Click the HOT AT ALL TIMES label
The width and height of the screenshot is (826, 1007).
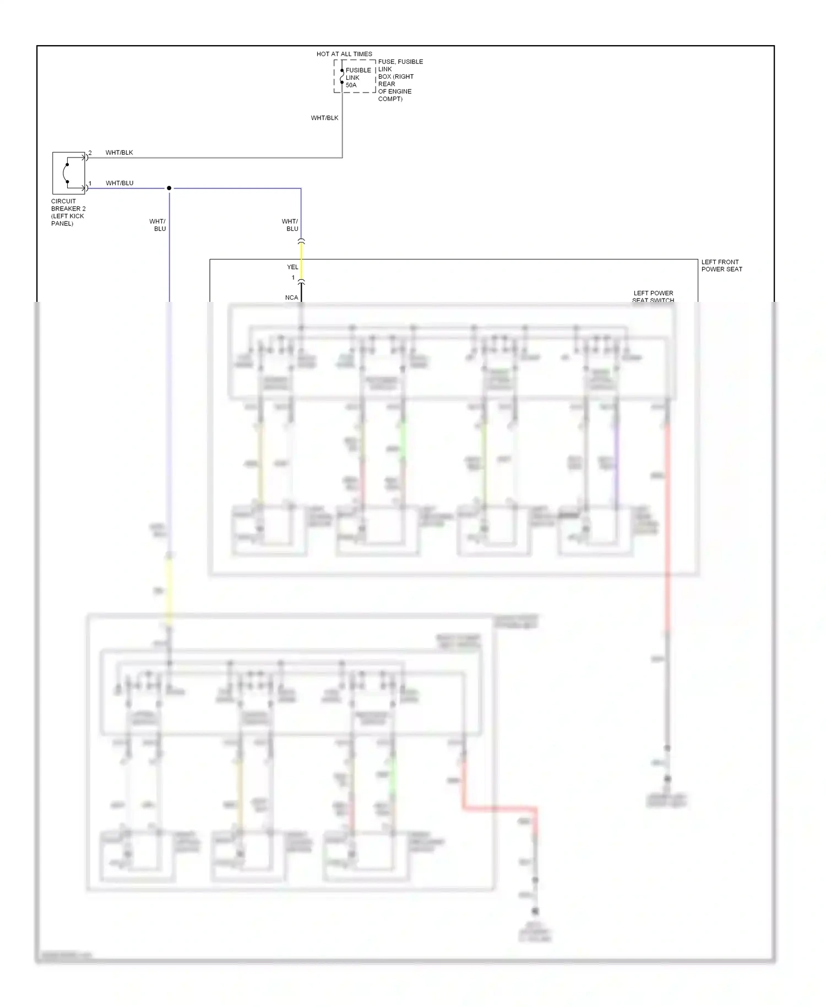[x=344, y=54]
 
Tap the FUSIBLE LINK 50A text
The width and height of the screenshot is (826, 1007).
[x=357, y=78]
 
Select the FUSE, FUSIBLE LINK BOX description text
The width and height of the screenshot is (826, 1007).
[x=400, y=80]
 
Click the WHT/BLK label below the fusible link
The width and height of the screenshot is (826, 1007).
[x=324, y=118]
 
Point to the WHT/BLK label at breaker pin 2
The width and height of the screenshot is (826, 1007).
[x=119, y=153]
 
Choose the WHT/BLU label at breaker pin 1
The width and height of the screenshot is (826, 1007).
[x=119, y=183]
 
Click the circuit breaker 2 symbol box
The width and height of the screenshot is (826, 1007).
[x=69, y=173]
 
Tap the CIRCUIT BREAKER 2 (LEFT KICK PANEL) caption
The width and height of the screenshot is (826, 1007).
[x=68, y=212]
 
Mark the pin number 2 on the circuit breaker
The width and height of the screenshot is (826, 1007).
[x=90, y=153]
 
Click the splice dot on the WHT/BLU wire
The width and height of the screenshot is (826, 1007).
[x=169, y=188]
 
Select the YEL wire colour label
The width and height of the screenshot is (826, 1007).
[x=292, y=267]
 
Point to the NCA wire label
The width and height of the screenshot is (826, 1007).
[x=291, y=297]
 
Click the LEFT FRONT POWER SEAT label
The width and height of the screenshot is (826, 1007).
[x=721, y=266]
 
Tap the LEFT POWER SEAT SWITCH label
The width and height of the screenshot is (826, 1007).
[x=653, y=296]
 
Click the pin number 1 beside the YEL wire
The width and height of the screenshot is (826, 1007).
[x=293, y=278]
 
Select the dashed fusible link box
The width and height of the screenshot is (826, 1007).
[x=355, y=77]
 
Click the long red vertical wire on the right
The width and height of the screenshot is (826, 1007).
[x=667, y=523]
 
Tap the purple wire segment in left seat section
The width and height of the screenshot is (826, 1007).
[x=616, y=463]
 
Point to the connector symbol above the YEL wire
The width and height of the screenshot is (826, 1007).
[x=301, y=241]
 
